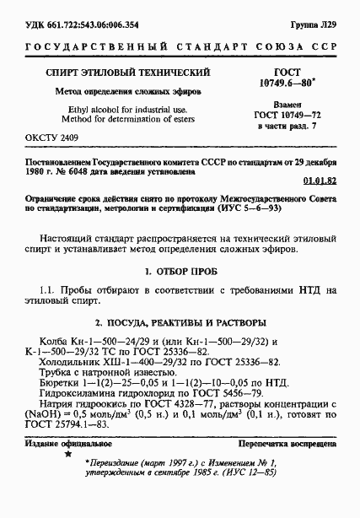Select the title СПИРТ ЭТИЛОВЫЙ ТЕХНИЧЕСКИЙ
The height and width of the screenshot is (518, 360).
[x=126, y=73]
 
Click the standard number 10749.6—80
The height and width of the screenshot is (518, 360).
[x=285, y=85]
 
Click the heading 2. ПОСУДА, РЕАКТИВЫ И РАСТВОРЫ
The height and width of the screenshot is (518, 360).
[x=180, y=323]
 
